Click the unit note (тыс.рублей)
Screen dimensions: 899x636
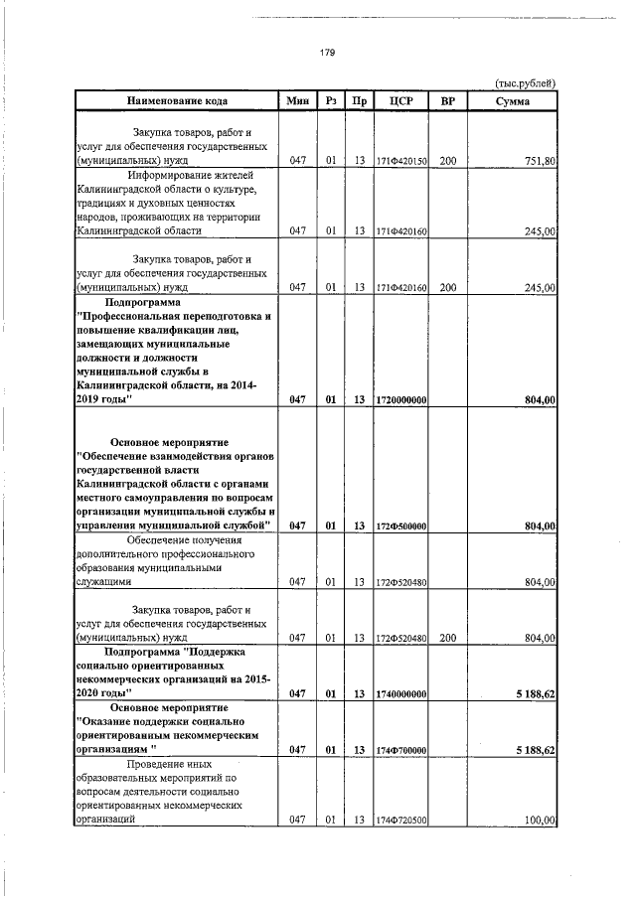[525, 82]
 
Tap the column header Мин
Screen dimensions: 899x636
[296, 101]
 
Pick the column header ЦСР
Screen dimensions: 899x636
[401, 101]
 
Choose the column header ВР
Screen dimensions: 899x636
[447, 101]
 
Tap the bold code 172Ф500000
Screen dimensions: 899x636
[401, 525]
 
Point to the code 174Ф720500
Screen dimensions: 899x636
[401, 821]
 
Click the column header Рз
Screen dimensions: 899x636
[330, 101]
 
